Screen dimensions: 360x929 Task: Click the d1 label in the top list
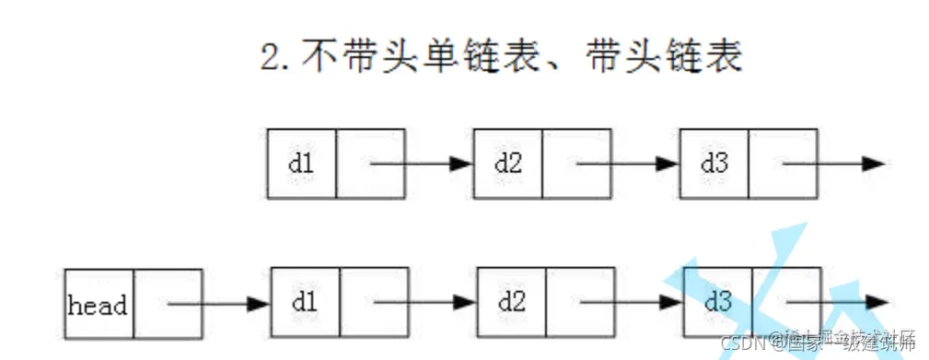coord(301,164)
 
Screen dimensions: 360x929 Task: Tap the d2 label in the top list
coord(507,164)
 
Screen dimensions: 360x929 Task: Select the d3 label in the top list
coord(714,164)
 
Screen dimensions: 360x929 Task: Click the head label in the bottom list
coord(98,305)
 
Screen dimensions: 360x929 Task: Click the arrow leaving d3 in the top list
coord(834,164)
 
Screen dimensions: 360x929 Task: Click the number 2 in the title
coord(270,58)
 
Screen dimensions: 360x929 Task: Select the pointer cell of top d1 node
coord(370,164)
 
